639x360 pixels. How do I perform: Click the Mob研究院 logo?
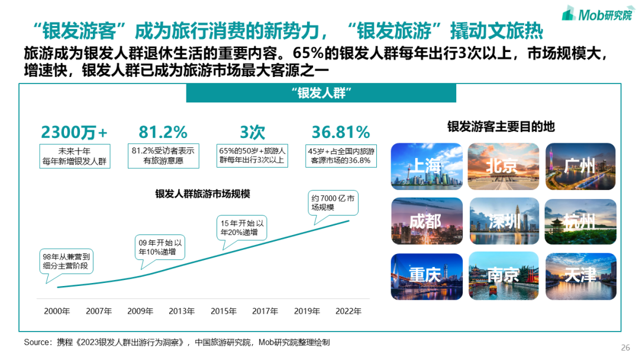595,15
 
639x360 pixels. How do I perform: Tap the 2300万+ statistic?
75,132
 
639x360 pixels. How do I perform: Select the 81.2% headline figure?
163,132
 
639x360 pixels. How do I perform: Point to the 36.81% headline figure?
341,132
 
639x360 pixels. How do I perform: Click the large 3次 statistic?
253,132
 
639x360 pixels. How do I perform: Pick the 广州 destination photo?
580,166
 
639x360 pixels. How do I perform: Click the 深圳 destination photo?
504,221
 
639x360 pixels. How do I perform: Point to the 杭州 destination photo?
580,221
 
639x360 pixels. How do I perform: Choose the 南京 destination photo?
504,277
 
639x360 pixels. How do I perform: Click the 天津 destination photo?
580,277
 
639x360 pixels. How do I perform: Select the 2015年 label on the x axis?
224,311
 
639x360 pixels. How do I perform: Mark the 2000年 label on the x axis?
57,311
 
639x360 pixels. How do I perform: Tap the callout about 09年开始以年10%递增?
160,247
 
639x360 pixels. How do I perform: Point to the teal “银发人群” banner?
321,93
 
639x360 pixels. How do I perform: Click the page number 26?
625,347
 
